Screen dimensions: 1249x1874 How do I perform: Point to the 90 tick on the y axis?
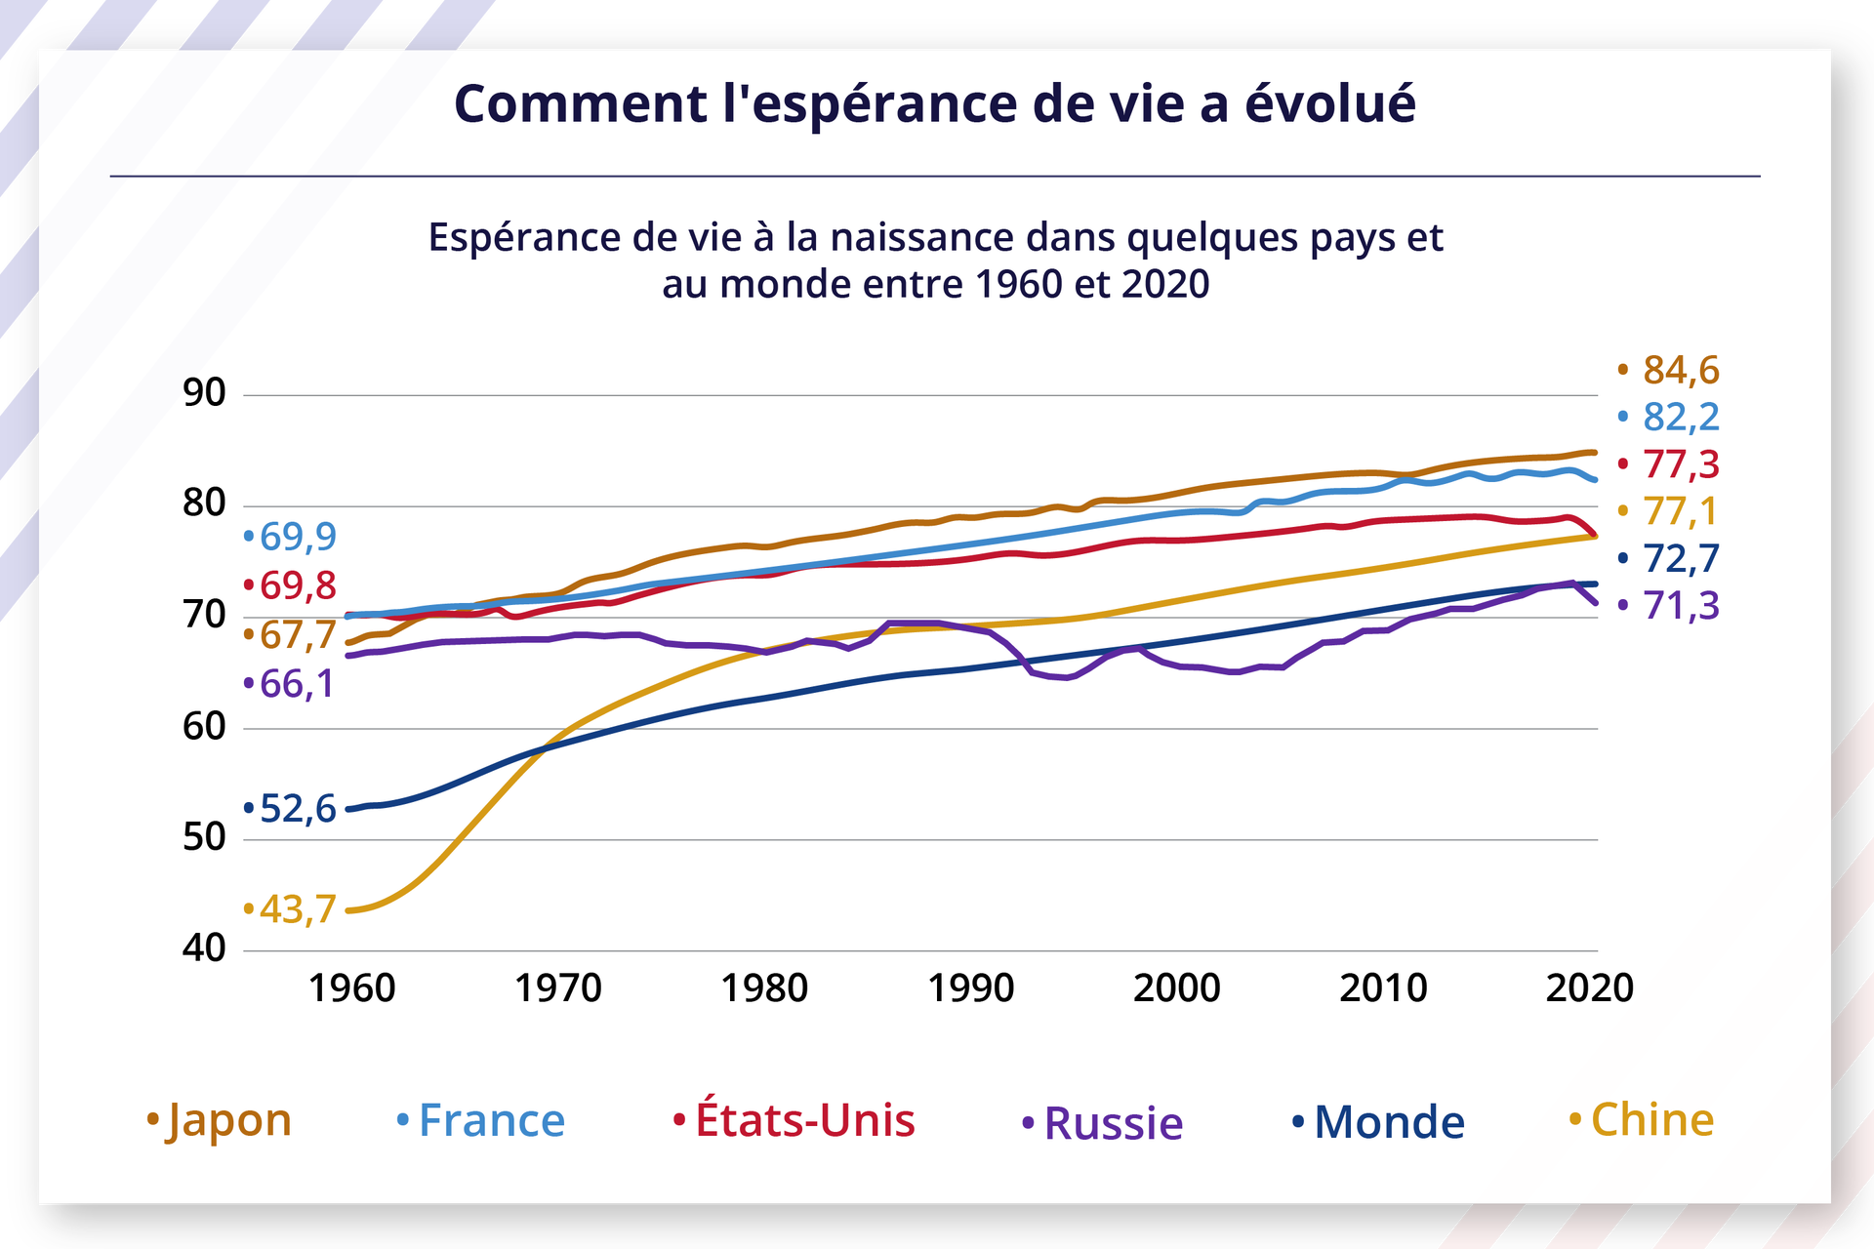(x=204, y=393)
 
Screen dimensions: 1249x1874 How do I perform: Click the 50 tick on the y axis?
(x=204, y=838)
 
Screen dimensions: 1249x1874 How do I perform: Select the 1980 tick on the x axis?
(x=764, y=988)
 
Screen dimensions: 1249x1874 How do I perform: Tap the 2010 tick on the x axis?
(x=1383, y=988)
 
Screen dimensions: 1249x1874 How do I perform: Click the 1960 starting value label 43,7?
(x=297, y=909)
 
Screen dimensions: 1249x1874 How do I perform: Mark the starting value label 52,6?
(x=297, y=809)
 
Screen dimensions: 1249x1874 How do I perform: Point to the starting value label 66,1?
(x=297, y=684)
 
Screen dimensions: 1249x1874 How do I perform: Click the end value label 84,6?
(x=1680, y=371)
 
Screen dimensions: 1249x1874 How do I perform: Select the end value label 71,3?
(x=1680, y=606)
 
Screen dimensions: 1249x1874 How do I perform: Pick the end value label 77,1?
(x=1680, y=511)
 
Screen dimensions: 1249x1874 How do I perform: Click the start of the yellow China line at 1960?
(x=349, y=910)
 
